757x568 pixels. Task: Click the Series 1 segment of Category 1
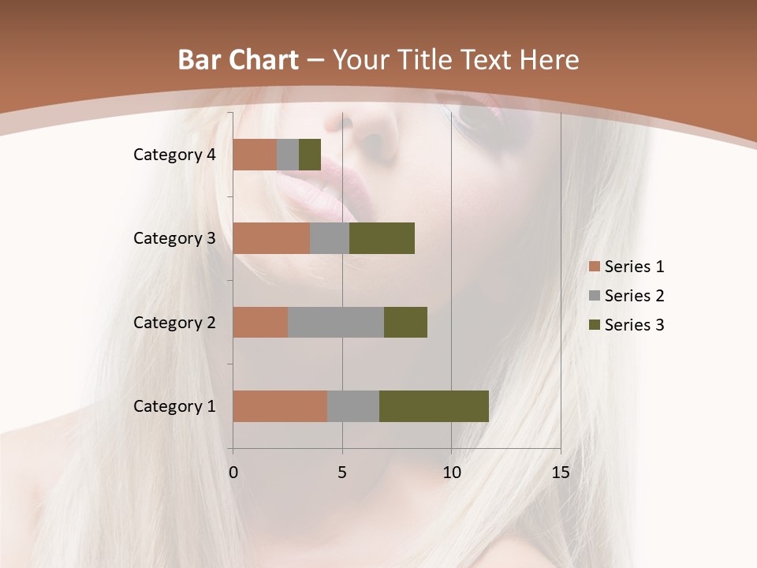[280, 405]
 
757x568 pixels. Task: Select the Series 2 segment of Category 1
[353, 405]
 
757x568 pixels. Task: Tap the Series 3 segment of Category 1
[434, 405]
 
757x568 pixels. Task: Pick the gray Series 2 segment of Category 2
[336, 322]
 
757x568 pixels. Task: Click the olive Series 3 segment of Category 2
[405, 322]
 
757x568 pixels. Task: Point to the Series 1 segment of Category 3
[271, 238]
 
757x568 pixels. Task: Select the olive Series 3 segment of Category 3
[382, 238]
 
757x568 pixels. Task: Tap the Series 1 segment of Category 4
[255, 155]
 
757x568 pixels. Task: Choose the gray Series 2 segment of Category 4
[288, 155]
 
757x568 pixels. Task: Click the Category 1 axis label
[174, 406]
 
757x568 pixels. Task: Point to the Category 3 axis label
[174, 238]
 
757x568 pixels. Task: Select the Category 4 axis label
[174, 155]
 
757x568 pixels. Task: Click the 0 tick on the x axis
[233, 473]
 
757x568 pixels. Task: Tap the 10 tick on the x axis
[451, 473]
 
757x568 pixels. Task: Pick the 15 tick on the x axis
[560, 473]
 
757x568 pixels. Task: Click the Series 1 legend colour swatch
[594, 267]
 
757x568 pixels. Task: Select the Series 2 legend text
[634, 296]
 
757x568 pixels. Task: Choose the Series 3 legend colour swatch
[594, 325]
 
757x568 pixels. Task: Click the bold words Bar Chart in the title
[237, 60]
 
